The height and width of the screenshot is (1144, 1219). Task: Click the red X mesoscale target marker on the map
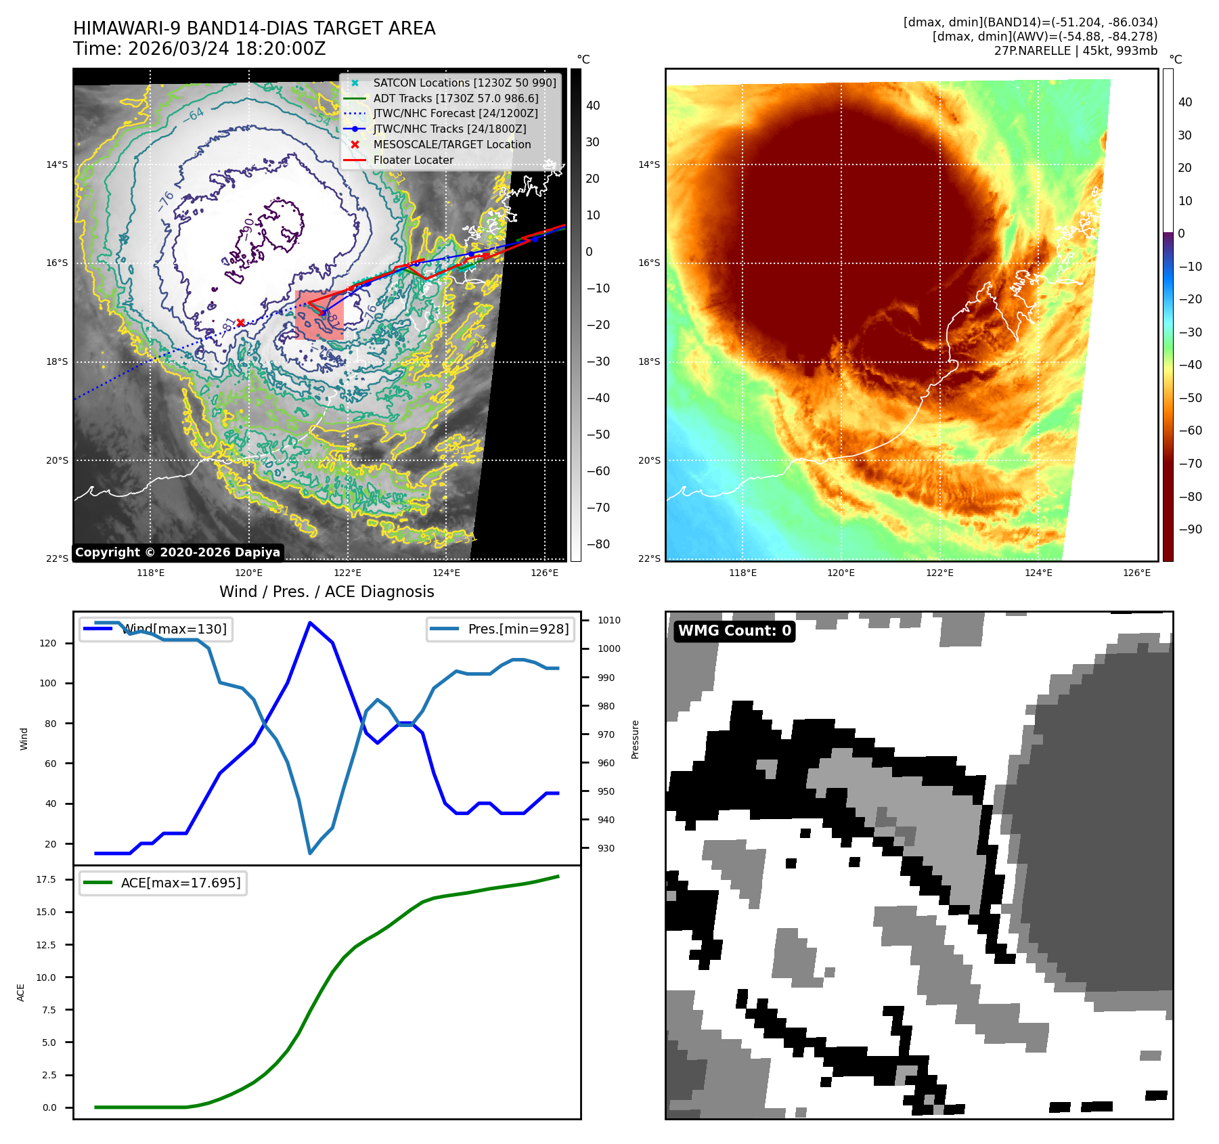pos(240,323)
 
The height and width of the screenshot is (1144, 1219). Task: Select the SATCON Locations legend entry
pos(464,83)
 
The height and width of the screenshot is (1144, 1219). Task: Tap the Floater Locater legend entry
pos(413,160)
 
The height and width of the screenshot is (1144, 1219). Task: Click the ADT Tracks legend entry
pos(456,98)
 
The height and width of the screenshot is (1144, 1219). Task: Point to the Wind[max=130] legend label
pos(175,629)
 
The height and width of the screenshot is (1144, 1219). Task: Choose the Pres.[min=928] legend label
pos(518,629)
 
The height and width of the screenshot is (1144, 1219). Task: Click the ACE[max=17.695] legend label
pos(180,883)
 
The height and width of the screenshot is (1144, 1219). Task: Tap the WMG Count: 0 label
pos(734,631)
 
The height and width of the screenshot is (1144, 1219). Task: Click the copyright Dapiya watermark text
pos(177,552)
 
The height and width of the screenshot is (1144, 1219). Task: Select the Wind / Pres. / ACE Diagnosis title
pos(326,592)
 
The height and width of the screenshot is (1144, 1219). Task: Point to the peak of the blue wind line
pos(309,623)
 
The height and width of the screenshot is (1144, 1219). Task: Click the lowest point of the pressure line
pos(310,853)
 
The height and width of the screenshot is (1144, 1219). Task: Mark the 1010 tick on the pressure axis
pos(608,620)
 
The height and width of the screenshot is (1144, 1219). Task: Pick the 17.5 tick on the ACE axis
pos(46,879)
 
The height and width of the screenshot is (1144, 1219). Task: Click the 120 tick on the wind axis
pos(48,643)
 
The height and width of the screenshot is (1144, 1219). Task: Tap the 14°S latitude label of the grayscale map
pos(57,164)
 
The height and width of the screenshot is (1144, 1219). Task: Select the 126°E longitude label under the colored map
pos(1136,573)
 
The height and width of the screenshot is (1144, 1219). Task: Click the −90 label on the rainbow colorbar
pos(1190,529)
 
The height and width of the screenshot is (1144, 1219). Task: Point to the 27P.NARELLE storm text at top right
pos(1076,51)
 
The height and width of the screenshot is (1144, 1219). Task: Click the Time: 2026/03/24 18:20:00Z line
pos(200,49)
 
